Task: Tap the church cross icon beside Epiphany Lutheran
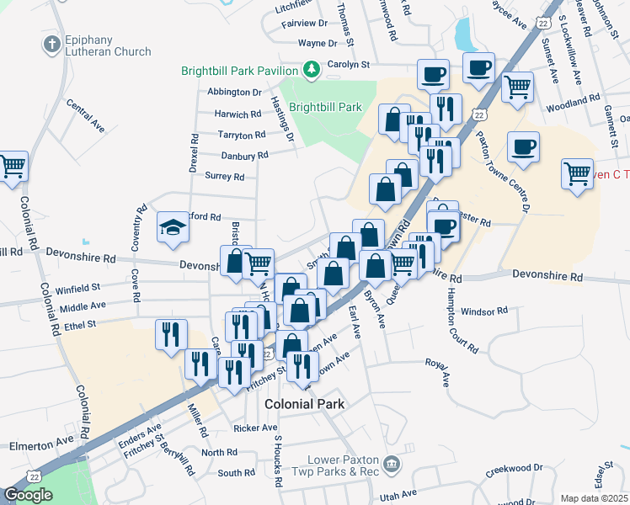[52, 43]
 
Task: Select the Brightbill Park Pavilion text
[239, 71]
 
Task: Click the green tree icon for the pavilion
[311, 68]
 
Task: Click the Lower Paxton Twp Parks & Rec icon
[391, 463]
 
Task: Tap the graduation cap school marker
[172, 226]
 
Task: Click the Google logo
[29, 495]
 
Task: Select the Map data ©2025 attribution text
[593, 498]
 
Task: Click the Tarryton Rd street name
[243, 135]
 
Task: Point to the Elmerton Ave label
[41, 443]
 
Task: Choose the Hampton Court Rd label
[462, 318]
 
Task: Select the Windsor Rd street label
[484, 311]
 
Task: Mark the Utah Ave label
[398, 494]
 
